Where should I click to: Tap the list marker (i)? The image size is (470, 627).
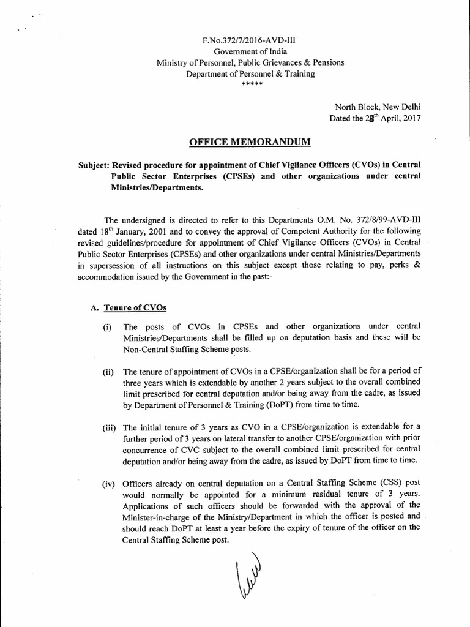click(x=108, y=327)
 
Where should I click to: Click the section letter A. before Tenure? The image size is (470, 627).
click(x=94, y=307)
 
